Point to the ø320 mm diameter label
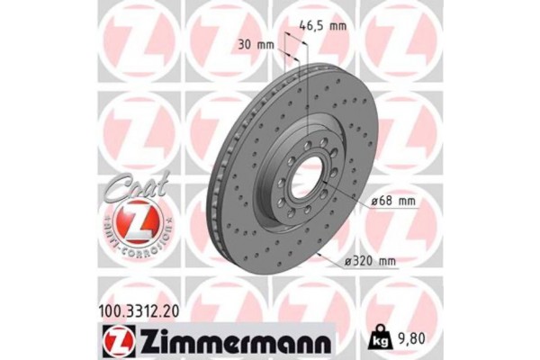[x=372, y=262]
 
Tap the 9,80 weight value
[x=413, y=340]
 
